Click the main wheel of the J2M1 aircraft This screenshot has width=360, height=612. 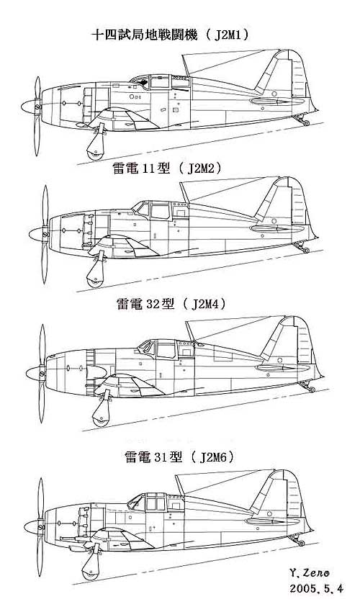(x=94, y=148)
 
